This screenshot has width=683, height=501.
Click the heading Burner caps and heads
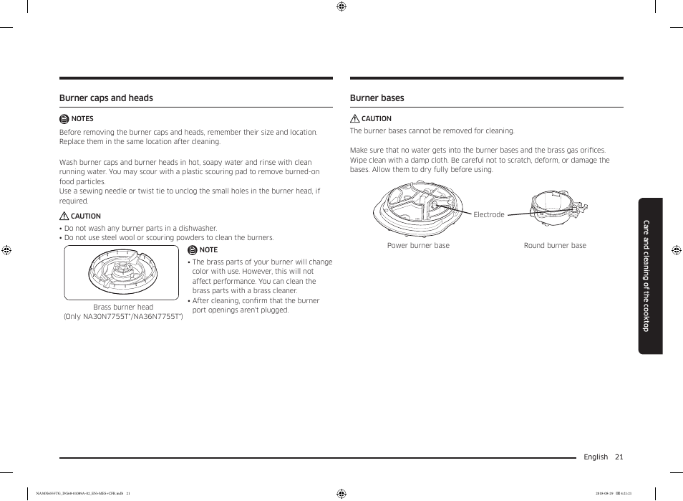(x=106, y=98)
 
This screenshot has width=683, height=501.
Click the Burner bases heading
(x=377, y=98)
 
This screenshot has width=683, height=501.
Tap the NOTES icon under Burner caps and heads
(x=64, y=119)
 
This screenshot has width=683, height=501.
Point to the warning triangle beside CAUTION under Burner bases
(x=354, y=119)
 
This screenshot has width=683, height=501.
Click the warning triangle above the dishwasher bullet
(x=64, y=216)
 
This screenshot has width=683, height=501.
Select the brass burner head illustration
(x=122, y=273)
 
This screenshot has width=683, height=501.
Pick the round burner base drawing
(x=557, y=208)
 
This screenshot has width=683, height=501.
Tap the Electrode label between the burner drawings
(x=488, y=215)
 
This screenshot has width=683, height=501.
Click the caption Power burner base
(x=418, y=246)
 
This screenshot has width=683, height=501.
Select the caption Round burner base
(x=555, y=246)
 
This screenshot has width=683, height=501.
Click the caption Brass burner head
(x=123, y=307)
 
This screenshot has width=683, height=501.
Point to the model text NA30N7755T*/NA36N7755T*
(x=123, y=317)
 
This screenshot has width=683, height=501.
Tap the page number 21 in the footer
(x=619, y=457)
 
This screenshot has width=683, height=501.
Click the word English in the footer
(x=595, y=457)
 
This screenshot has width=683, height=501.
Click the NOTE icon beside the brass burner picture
(x=192, y=250)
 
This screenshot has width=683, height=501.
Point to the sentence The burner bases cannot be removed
(x=432, y=131)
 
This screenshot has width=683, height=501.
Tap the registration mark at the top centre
(x=341, y=6)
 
